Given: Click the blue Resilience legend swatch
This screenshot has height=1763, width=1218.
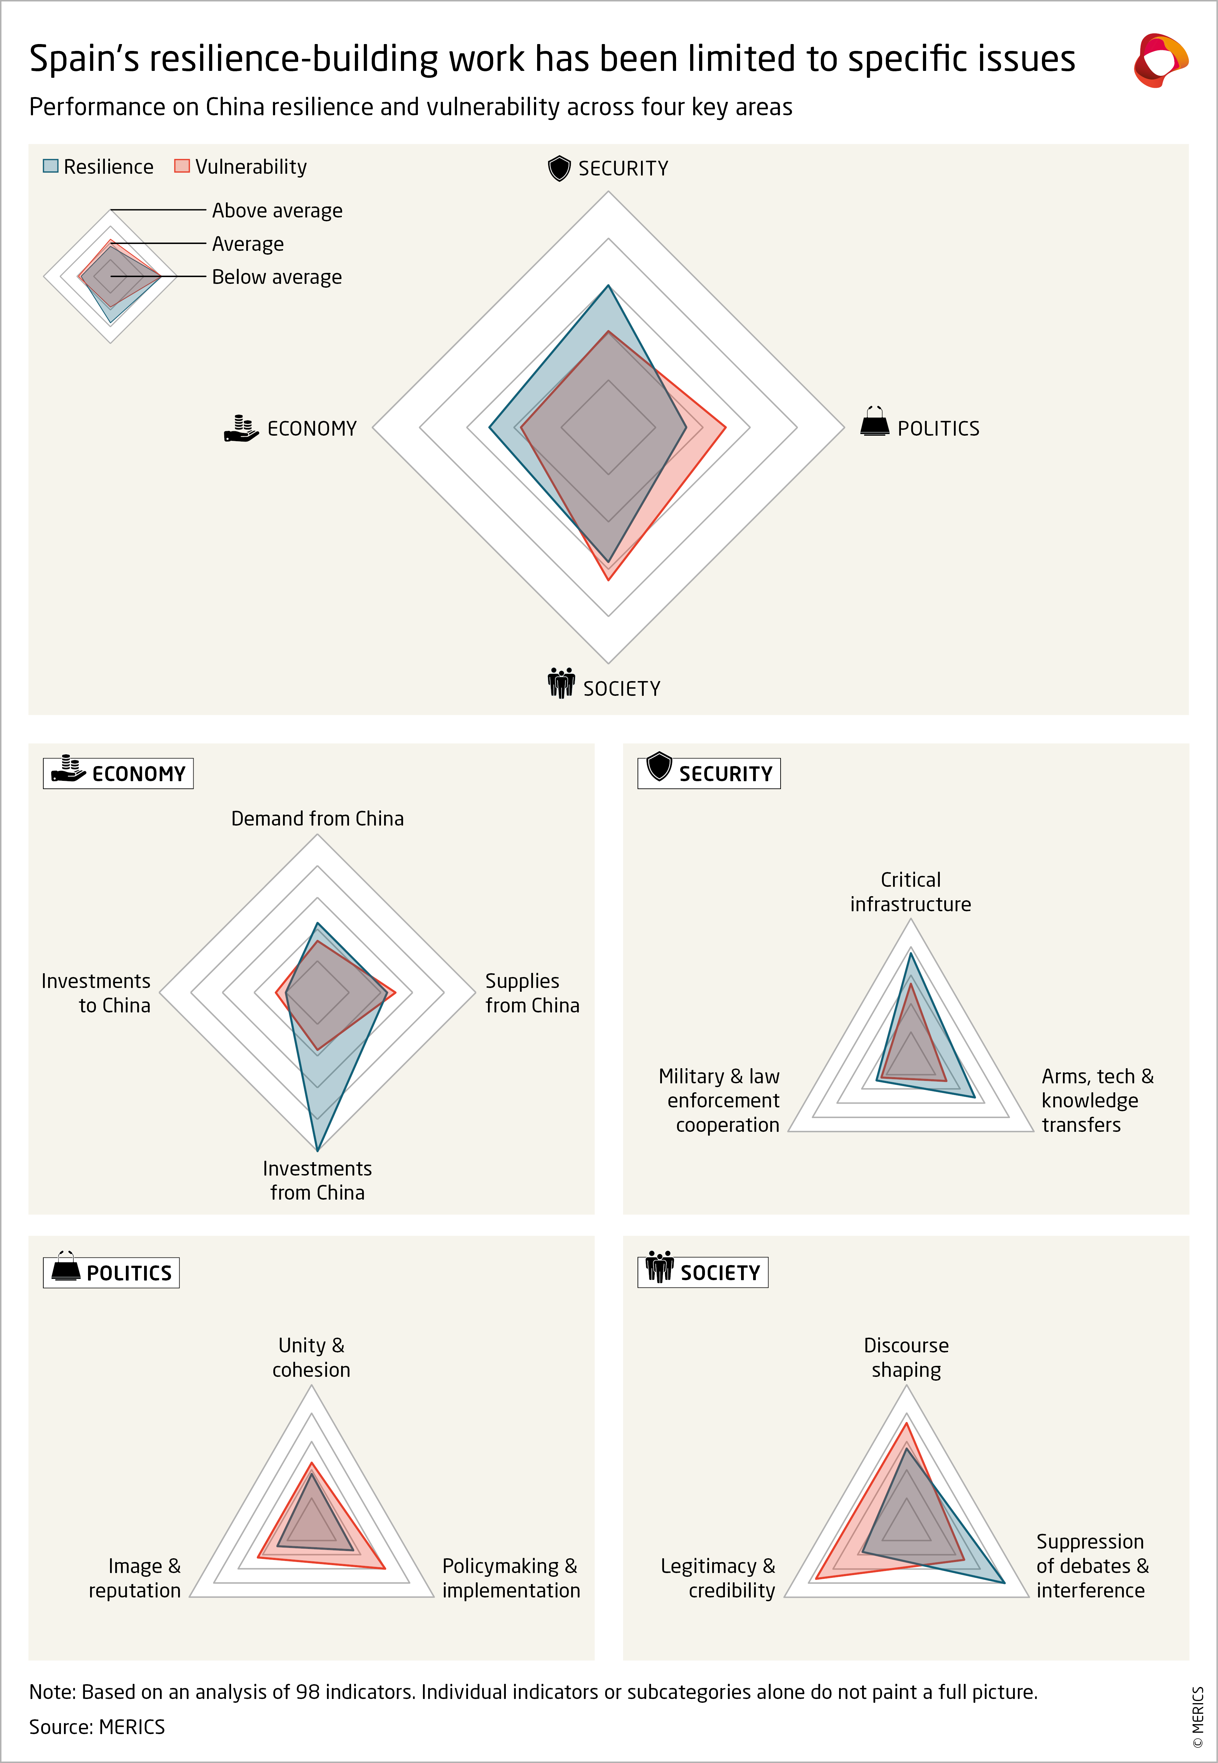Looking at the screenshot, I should coord(50,166).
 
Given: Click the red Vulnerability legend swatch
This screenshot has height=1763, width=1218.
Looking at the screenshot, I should coord(182,166).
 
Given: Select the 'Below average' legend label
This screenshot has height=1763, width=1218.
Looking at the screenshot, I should coord(276,277).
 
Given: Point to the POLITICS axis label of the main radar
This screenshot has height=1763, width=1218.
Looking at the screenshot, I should coord(938,428).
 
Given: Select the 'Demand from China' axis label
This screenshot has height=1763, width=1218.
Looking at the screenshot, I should coord(317,818).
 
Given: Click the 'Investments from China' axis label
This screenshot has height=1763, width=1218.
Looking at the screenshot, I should coord(317,1180).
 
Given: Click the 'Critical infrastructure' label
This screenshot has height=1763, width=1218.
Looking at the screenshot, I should coord(911,892).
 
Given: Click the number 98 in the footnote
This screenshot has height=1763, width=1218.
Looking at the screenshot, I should coord(307,1692).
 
